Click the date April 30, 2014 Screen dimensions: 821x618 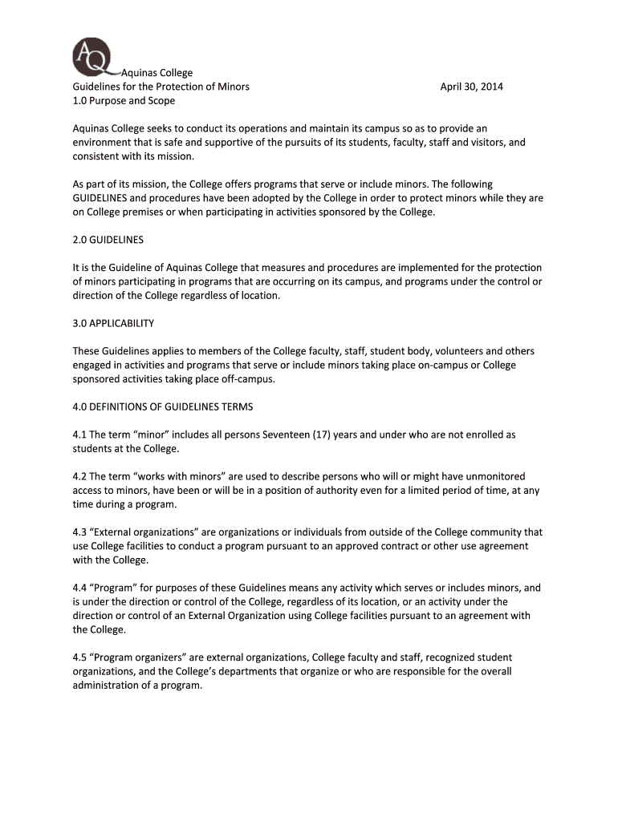click(x=471, y=87)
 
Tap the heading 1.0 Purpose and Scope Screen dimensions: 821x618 click(x=124, y=101)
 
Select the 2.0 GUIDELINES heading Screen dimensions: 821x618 click(x=108, y=240)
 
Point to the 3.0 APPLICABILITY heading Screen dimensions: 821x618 click(x=113, y=323)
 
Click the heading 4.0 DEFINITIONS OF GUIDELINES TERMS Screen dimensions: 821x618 click(x=163, y=406)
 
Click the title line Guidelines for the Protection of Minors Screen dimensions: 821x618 click(x=161, y=87)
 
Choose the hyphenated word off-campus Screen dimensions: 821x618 click(x=250, y=379)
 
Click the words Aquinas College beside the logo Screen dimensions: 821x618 click(x=157, y=73)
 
